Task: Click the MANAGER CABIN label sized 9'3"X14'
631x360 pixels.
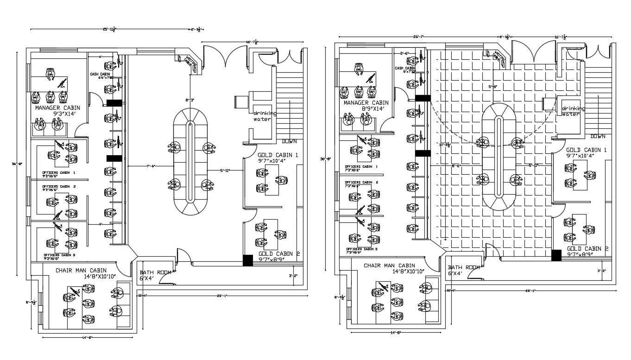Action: tap(57, 107)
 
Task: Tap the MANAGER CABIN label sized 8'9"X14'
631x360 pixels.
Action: tap(366, 103)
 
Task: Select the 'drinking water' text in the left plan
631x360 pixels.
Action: tap(264, 116)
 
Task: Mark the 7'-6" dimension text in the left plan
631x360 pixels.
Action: tap(151, 166)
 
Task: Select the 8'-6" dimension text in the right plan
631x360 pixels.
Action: tap(457, 165)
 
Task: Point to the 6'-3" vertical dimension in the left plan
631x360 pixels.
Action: tap(190, 100)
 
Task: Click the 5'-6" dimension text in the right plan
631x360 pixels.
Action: tap(492, 87)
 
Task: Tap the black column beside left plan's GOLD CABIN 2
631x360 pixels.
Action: tap(248, 260)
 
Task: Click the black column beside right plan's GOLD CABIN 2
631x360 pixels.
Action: tap(556, 255)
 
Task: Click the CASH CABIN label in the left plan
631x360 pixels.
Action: tap(100, 74)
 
